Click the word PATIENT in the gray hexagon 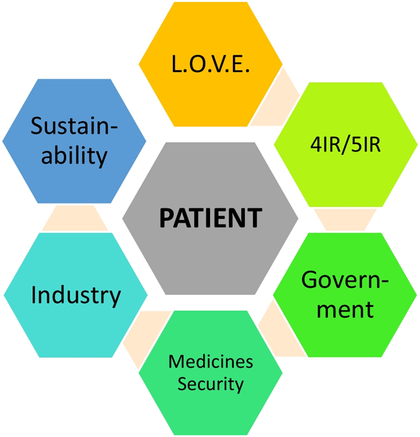point(210,218)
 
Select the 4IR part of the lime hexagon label point(325,146)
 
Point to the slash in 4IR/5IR point(345,146)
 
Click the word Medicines point(211,362)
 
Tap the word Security point(211,384)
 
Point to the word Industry point(76,295)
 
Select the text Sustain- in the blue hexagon point(74,126)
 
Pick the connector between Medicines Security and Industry point(143,336)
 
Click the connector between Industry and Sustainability point(75,218)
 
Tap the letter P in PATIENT point(166,218)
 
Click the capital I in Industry point(34,295)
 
